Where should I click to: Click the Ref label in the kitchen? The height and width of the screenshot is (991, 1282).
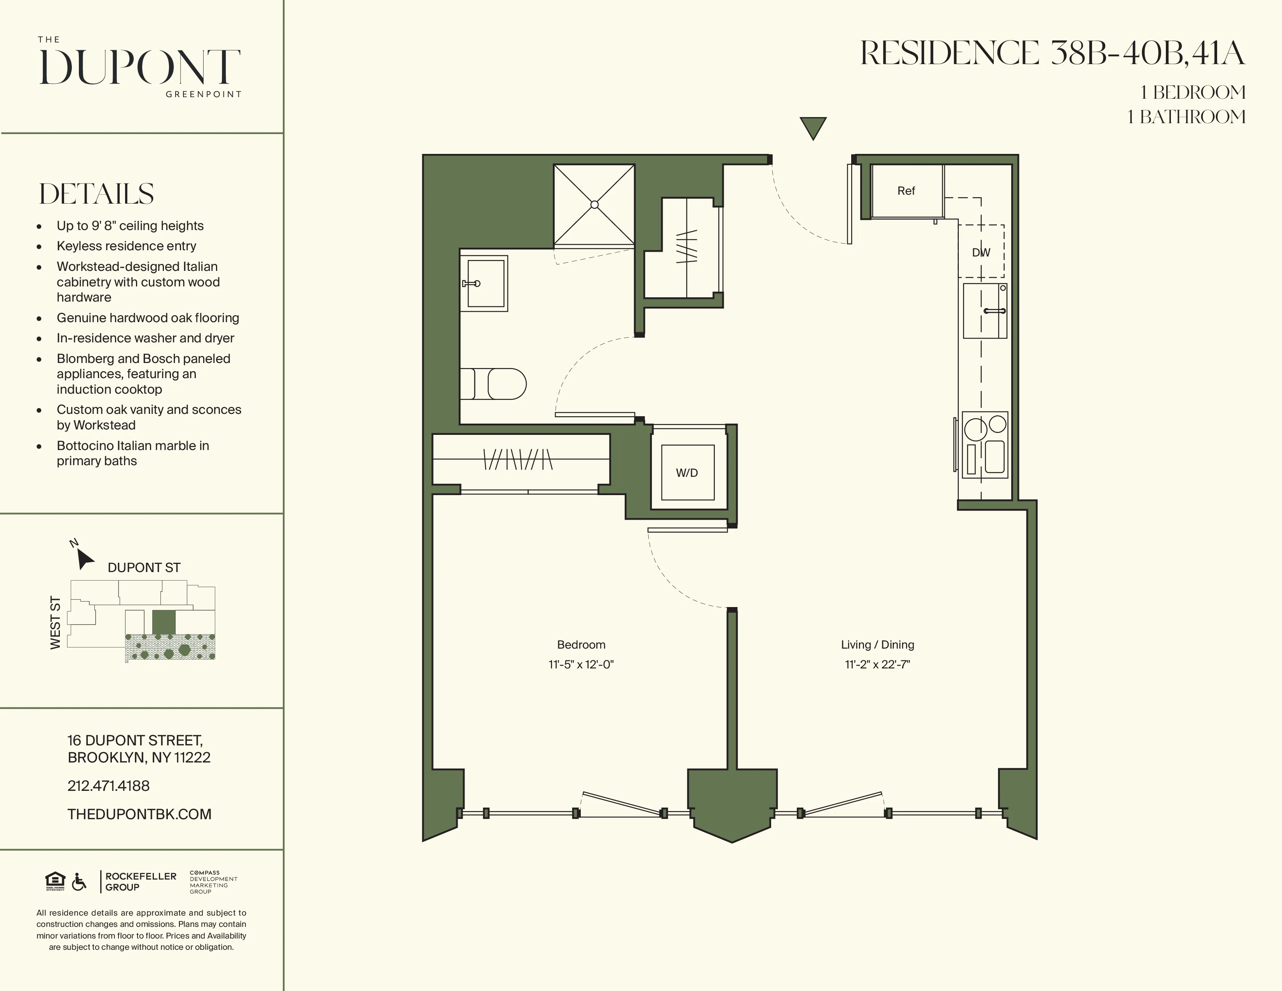coord(906,191)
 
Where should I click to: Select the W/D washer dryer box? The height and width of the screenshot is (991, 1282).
coord(687,472)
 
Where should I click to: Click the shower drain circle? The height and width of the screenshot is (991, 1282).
coord(594,204)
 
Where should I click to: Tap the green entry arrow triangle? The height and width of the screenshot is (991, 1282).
coord(813,126)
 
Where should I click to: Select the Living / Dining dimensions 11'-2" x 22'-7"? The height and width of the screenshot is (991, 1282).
coord(877,665)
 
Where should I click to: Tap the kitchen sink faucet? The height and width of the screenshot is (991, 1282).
coord(995,311)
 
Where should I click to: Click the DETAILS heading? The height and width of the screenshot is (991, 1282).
coord(96,194)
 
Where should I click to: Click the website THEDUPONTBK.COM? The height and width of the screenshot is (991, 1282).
coord(139,814)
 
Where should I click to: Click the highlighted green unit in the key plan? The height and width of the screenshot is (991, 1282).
coord(164,622)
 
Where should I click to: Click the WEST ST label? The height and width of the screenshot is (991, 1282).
coord(55,622)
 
